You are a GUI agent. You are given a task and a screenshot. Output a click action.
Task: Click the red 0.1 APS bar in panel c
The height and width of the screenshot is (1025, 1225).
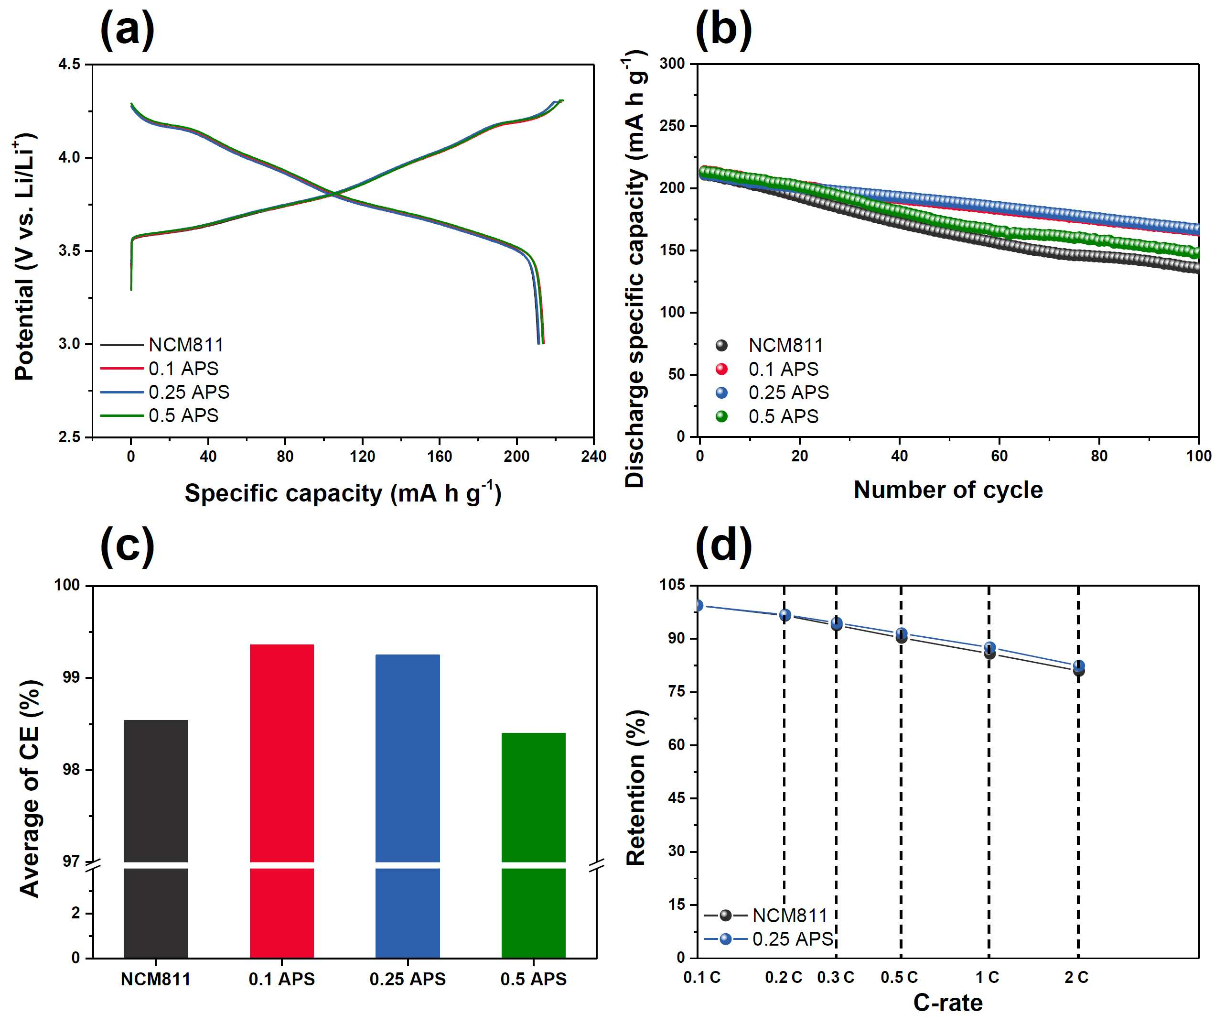282,801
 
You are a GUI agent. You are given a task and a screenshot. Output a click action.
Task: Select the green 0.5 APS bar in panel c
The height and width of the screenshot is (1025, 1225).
533,845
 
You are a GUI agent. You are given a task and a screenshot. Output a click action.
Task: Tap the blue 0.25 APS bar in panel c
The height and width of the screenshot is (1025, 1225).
408,806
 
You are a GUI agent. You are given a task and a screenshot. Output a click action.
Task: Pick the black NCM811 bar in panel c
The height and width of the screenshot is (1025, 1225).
156,839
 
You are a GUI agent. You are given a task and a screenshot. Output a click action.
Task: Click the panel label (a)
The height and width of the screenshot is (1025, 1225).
127,29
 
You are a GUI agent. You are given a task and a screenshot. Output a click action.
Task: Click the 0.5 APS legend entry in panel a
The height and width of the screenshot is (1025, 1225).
159,415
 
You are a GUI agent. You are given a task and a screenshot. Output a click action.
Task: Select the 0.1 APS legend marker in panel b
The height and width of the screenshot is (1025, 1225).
721,369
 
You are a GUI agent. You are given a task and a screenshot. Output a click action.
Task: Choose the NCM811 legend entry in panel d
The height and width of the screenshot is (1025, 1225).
765,915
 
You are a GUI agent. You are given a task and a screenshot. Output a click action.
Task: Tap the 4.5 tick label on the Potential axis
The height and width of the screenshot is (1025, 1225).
69,64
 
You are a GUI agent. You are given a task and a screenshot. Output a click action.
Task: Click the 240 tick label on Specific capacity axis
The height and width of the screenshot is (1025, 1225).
593,457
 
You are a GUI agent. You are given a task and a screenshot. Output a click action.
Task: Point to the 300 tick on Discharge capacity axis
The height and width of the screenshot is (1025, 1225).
673,63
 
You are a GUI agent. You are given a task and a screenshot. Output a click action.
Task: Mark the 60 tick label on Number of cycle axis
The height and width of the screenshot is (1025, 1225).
999,456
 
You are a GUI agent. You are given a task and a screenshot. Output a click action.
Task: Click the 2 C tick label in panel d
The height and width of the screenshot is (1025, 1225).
1076,977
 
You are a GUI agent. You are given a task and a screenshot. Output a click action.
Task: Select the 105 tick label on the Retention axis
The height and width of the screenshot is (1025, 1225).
673,585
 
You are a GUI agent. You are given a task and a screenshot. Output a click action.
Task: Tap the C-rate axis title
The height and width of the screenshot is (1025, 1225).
948,1003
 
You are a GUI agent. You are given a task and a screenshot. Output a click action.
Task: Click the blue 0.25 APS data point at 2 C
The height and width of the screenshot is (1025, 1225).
1079,665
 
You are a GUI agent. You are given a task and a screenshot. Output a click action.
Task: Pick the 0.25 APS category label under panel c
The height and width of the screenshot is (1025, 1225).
408,979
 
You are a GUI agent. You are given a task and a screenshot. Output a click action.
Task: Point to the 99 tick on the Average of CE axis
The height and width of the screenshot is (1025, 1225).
72,678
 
